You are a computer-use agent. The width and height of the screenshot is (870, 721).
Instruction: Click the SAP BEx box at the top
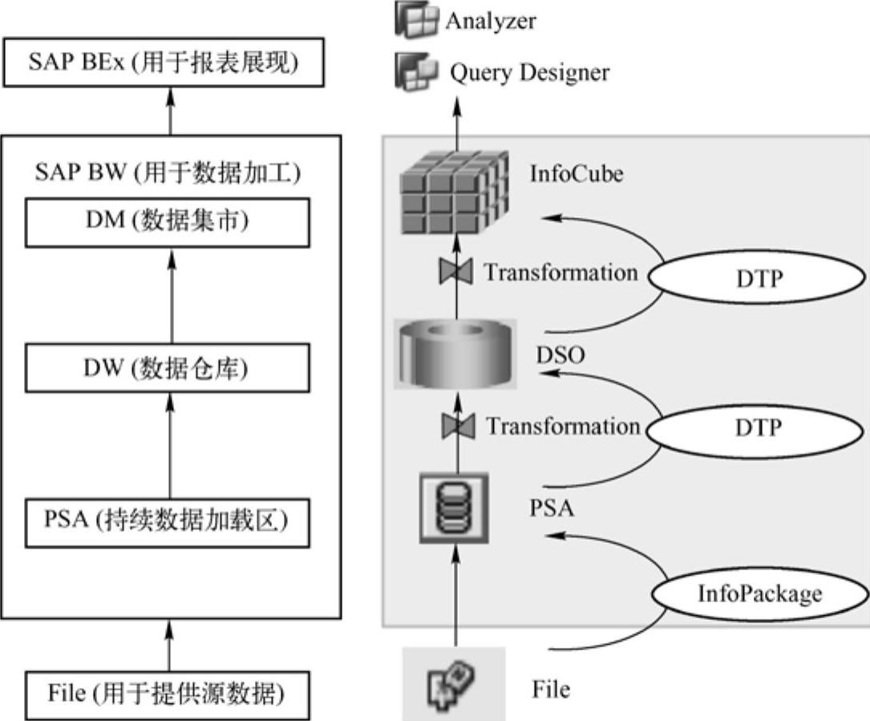click(x=164, y=63)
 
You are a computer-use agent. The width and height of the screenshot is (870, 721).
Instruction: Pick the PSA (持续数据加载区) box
click(x=167, y=522)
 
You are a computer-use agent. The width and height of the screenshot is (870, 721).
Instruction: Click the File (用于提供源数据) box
click(x=166, y=692)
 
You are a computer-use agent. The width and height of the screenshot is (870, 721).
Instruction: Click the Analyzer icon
click(x=417, y=18)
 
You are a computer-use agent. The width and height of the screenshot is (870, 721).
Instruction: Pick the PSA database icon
click(x=455, y=508)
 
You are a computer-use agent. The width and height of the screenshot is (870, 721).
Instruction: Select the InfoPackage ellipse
click(x=759, y=593)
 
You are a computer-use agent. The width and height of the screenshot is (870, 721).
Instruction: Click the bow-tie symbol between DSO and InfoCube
click(x=455, y=273)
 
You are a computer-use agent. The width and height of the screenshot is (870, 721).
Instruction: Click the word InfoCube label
click(x=576, y=173)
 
